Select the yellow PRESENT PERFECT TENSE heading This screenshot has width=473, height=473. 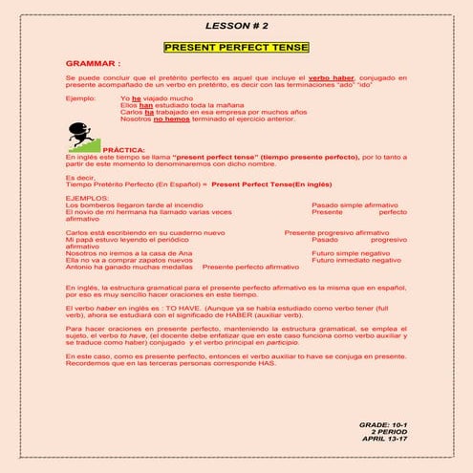coord(236,46)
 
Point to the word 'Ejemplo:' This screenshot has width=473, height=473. coord(81,97)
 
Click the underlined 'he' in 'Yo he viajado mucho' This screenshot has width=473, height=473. coord(137,97)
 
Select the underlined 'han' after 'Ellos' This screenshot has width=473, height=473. coord(145,105)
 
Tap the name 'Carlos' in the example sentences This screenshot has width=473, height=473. coord(132,113)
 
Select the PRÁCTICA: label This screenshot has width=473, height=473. coord(123,150)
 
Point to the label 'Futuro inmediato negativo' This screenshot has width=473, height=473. coord(356,260)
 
